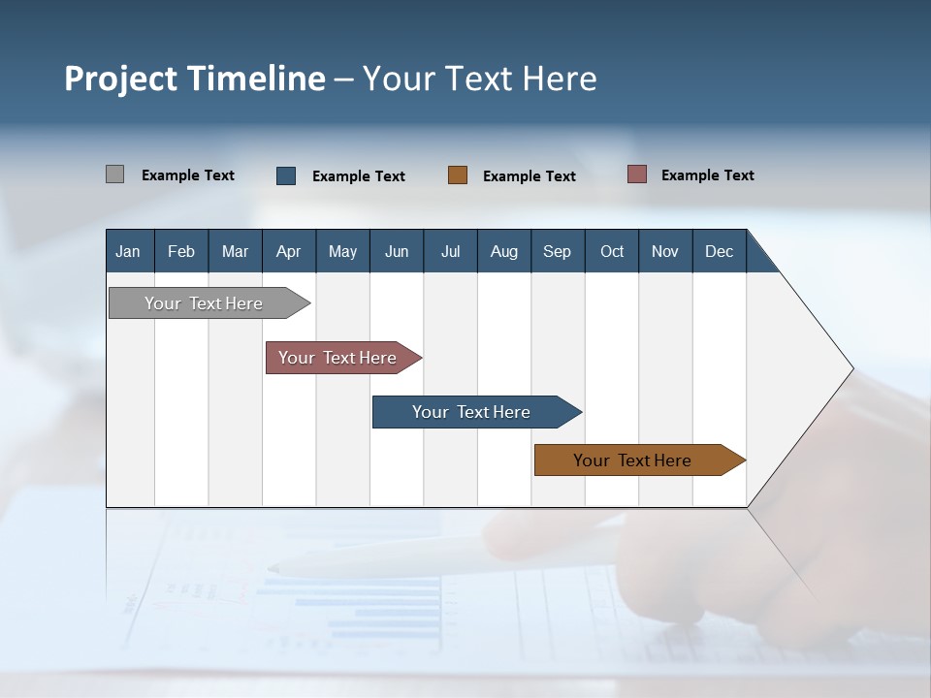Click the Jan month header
tap(129, 251)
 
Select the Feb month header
tap(181, 251)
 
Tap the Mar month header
tap(235, 251)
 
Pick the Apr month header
tap(289, 251)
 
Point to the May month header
tap(342, 251)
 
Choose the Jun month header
tap(397, 251)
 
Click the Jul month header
tap(450, 251)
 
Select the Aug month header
tap(504, 251)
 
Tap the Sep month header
tap(558, 251)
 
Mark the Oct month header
tap(612, 251)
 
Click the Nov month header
tap(665, 251)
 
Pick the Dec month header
tap(720, 251)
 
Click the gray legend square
tap(115, 174)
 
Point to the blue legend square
tap(286, 175)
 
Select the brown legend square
tap(458, 175)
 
